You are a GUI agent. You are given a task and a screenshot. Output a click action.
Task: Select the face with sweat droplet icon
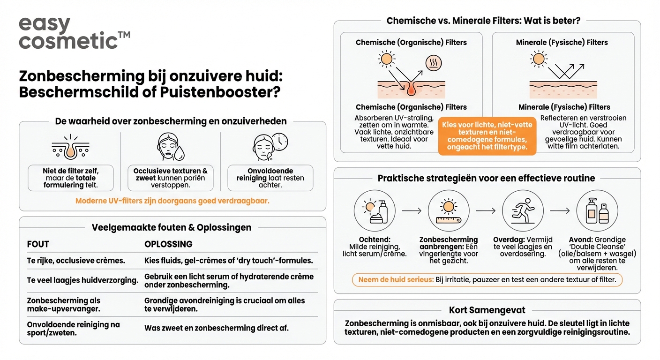point(170,147)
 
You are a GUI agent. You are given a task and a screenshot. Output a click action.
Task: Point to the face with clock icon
point(270,147)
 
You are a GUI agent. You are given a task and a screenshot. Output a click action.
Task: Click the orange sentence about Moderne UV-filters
point(172,201)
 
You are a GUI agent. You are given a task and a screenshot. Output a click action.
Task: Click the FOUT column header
point(38,244)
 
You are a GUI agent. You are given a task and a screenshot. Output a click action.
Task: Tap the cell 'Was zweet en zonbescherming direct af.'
point(216,328)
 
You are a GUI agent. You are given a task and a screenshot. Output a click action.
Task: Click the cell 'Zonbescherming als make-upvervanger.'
point(64,304)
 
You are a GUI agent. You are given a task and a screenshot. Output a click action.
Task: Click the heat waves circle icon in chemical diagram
point(433,63)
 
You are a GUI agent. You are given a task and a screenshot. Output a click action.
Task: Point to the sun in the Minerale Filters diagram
point(538,59)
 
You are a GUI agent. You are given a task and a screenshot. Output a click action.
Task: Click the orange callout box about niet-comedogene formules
point(487,135)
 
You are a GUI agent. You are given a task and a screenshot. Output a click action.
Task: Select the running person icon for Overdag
point(523,211)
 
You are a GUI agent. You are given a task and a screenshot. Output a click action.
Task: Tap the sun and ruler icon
point(449,211)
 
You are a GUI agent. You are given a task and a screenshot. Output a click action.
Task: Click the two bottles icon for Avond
point(597,211)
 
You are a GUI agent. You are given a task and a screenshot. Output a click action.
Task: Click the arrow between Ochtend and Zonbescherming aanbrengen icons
point(412,211)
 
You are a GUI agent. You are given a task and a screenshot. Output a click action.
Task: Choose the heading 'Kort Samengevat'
point(487,310)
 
